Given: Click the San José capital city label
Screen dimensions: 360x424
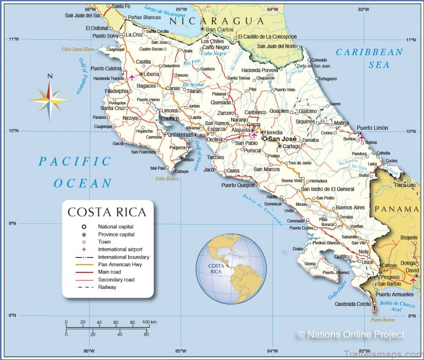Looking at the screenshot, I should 282,139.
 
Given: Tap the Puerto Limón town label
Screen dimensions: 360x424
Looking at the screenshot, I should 372,128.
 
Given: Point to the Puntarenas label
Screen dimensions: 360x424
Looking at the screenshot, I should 178,135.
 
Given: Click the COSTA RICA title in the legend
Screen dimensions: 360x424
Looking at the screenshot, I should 107,213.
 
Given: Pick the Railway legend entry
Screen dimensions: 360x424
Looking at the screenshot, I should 107,287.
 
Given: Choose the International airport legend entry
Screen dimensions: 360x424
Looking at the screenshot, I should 120,249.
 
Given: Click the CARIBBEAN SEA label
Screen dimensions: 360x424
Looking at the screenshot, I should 369,58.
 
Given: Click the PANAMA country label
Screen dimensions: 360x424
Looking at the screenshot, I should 396,209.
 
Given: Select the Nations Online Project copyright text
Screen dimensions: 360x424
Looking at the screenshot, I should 351,335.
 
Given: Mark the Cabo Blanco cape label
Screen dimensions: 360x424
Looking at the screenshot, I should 166,179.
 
